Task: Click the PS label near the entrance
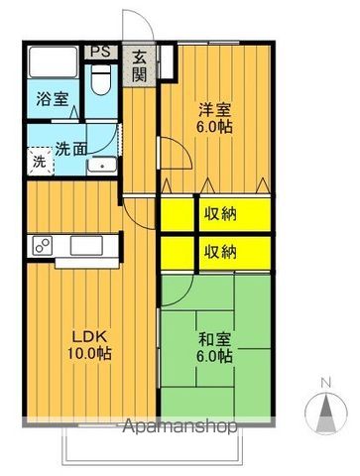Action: (100, 52)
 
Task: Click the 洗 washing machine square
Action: (38, 160)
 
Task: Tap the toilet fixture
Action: (101, 80)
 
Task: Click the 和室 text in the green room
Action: (211, 337)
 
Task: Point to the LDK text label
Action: (82, 335)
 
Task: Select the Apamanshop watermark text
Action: (179, 428)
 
